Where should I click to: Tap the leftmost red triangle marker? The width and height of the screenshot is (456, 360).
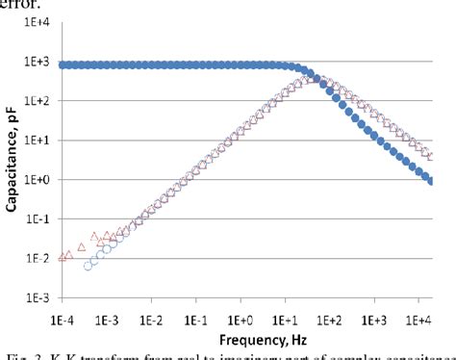(x=63, y=257)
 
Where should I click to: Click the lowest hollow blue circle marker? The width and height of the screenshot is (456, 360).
(x=89, y=266)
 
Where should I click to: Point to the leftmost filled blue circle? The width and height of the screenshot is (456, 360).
(x=63, y=65)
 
